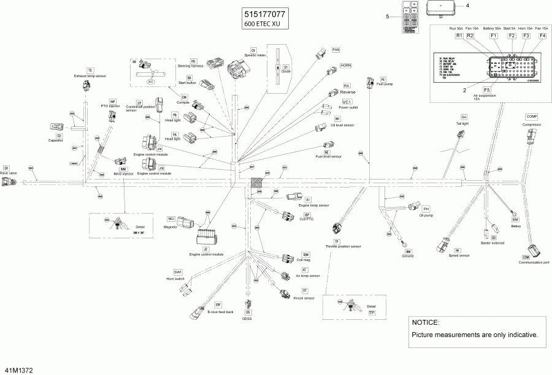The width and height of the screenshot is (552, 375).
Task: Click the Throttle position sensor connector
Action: [337, 229]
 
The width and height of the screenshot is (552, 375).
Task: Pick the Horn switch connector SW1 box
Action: [178, 271]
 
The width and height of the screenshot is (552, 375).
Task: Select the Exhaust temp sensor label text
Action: [90, 76]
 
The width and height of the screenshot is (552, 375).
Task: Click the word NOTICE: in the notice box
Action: [426, 322]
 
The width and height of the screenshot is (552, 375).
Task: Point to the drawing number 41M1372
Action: [18, 371]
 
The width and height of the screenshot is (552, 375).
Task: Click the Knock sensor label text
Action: [304, 298]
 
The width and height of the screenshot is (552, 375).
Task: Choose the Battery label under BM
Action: [515, 225]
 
